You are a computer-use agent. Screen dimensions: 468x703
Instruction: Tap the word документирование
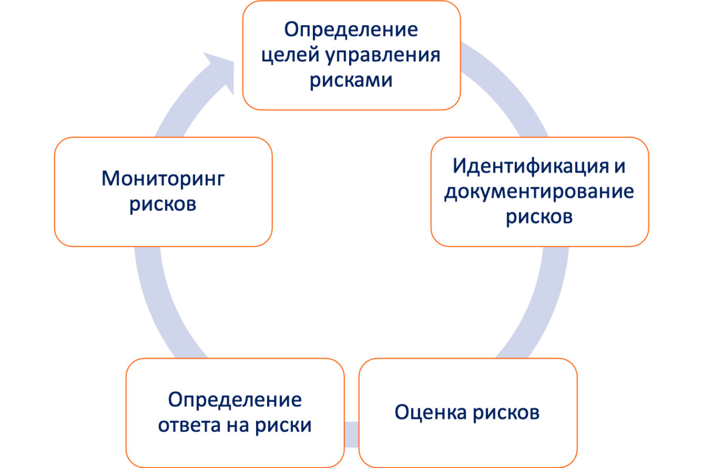[539, 192]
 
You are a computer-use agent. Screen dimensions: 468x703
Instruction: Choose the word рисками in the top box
[350, 80]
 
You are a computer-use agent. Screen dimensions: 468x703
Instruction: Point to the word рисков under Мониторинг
[163, 205]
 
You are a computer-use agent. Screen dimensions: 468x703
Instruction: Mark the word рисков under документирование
[539, 218]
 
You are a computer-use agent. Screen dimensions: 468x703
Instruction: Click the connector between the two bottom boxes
[351, 430]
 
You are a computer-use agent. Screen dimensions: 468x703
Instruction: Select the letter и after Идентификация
[619, 166]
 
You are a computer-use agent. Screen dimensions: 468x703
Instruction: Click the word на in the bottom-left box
[240, 426]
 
